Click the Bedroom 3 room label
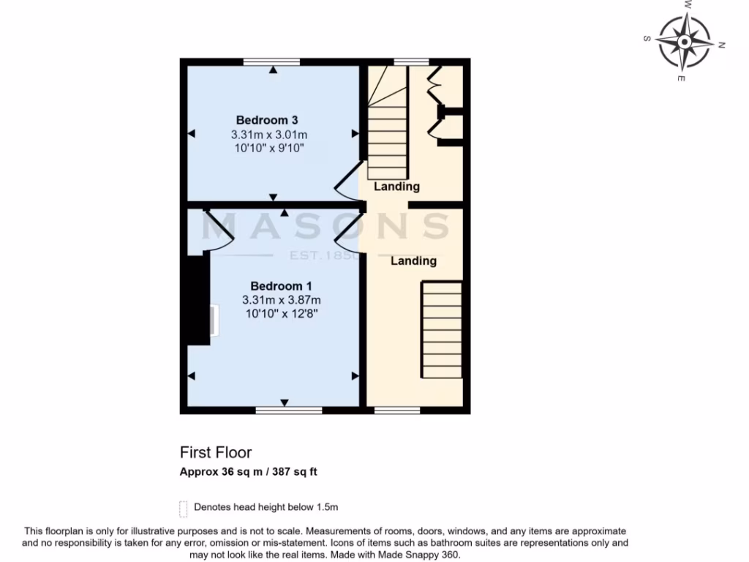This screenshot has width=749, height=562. pos(267,120)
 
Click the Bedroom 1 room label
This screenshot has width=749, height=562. pos(282,286)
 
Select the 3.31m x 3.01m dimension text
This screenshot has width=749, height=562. pos(268,135)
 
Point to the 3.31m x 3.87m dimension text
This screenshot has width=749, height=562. pos(282,300)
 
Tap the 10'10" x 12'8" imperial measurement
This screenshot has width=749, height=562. pos(282,314)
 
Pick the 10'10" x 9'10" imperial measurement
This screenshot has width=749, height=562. pos(268,149)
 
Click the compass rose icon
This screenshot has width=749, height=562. pos(684,41)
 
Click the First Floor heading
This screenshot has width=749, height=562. pos(216,453)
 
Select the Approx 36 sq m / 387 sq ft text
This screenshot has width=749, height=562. pos(249,472)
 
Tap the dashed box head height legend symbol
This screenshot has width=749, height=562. pos(183,507)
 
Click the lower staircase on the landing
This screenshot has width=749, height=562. pos(442,330)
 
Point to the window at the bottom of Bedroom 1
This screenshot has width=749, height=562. pos(288,411)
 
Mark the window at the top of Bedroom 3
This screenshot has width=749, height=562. pos(271,62)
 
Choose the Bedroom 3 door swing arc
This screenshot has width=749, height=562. pos(347,179)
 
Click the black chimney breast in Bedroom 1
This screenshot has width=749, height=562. pos(196,300)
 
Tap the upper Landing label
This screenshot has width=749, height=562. pos(396,187)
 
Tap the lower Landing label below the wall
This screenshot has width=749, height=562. pos(413,261)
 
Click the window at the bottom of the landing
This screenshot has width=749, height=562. pos(397,411)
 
